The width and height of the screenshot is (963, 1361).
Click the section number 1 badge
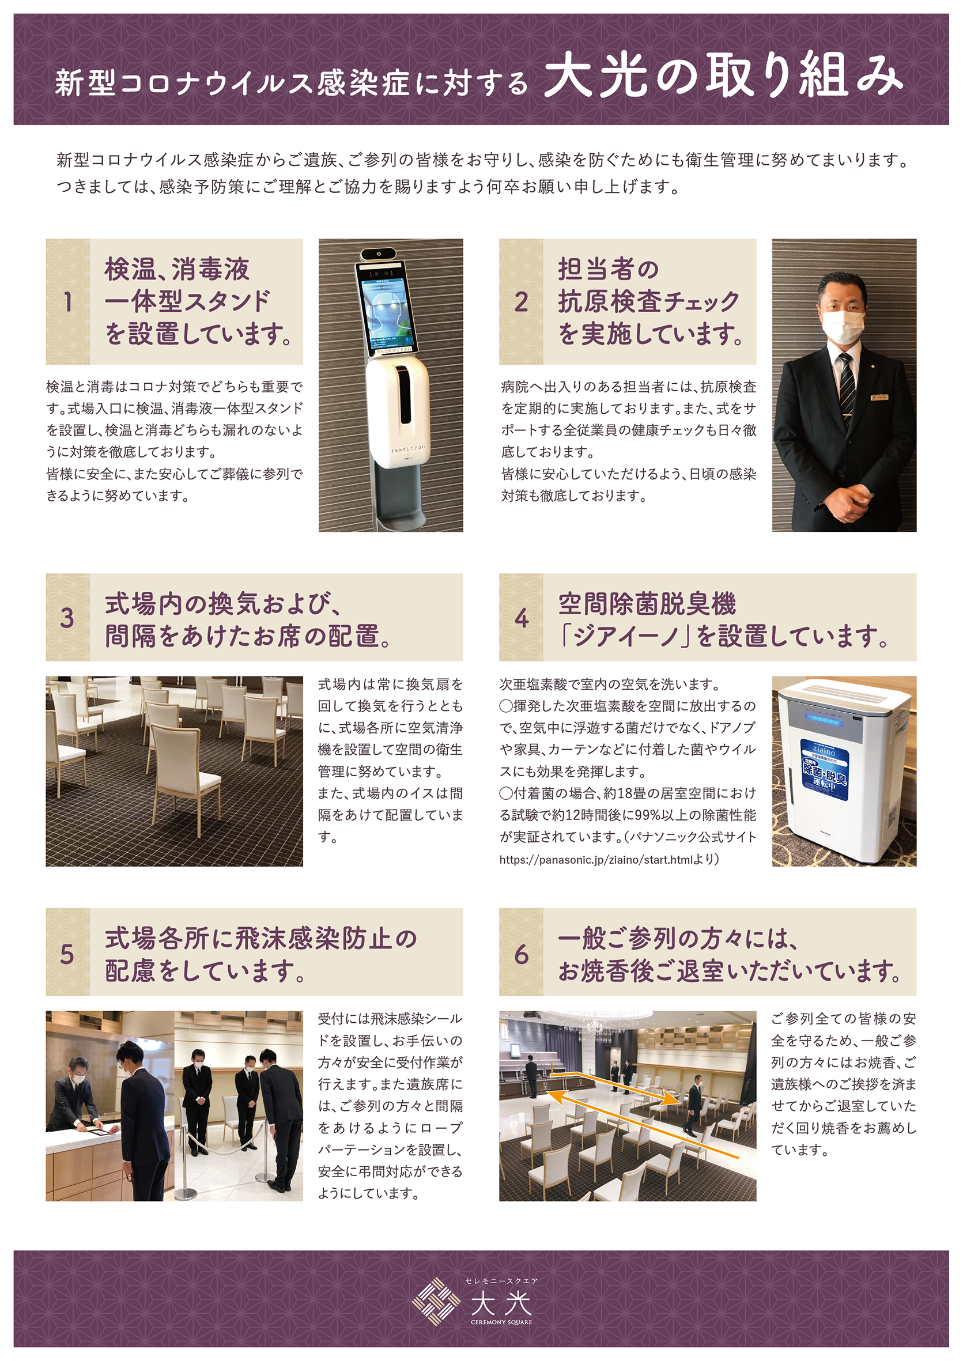click(67, 302)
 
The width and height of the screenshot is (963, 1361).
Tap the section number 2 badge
click(521, 302)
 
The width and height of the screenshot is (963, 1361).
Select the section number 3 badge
click(67, 618)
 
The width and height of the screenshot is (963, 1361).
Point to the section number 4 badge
click(521, 618)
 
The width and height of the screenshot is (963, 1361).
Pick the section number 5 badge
click(67, 954)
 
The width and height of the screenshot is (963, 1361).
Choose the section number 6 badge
click(521, 954)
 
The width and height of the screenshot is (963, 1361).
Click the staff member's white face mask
click(843, 326)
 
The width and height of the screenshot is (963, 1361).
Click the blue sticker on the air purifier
click(825, 769)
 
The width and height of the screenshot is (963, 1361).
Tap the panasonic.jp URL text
click(596, 860)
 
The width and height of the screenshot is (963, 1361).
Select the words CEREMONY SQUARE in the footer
click(501, 1322)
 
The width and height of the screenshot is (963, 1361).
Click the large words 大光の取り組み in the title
click(723, 75)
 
